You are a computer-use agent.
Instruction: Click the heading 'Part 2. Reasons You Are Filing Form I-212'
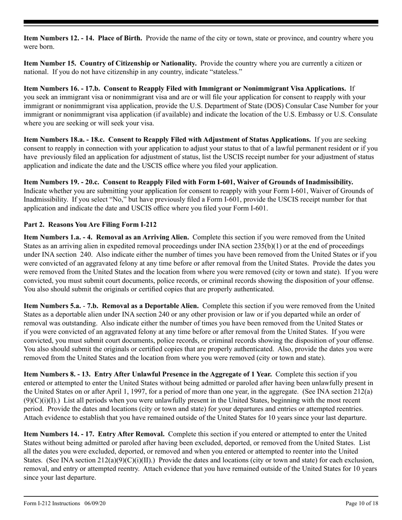pyautogui.click(x=90, y=224)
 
